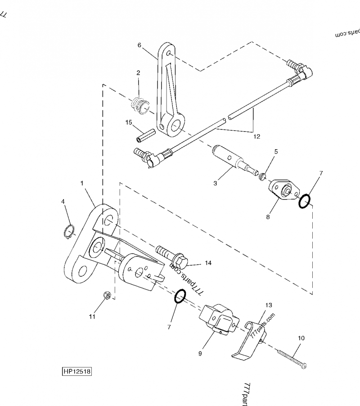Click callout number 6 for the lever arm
click(x=139, y=45)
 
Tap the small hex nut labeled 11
click(x=107, y=295)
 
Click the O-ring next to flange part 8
click(x=305, y=202)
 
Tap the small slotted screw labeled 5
click(x=262, y=176)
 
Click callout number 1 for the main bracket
click(x=82, y=183)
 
